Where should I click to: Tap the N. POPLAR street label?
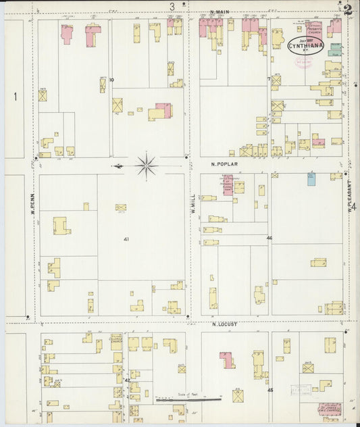point(222,164)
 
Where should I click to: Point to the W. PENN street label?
point(32,201)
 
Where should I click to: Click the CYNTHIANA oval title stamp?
point(305,46)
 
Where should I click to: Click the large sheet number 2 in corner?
point(347,9)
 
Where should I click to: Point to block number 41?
point(126,239)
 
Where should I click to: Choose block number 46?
point(269,238)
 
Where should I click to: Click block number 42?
point(127,381)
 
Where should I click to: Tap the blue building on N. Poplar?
point(311,178)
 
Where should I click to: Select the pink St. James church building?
point(330,409)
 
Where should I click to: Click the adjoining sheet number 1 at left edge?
point(14,97)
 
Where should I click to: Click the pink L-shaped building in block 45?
point(227,359)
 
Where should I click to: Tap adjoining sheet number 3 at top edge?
point(172,7)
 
